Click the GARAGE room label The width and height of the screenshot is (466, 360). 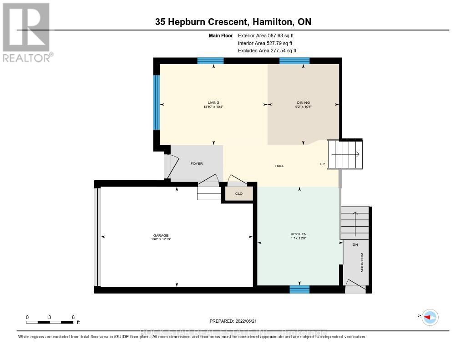162,235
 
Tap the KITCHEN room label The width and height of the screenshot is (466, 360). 299,234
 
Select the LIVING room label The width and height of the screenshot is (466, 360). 213,103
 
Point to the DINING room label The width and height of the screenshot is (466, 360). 304,103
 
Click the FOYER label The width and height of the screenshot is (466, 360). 197,163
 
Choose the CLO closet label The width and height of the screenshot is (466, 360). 239,193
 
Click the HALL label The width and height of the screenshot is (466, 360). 279,166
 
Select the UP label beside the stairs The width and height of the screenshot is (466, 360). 322,164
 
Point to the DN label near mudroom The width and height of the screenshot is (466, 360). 355,245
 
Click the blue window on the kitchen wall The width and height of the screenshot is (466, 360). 299,289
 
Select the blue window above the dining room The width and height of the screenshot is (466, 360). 294,61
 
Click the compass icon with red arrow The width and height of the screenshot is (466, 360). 430,317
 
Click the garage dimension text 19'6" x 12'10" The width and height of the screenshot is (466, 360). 162,239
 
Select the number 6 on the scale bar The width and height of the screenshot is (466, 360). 73,317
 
